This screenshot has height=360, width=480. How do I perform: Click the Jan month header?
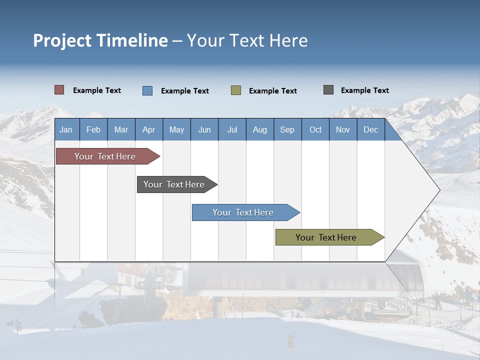(x=66, y=129)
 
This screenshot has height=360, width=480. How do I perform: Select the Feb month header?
(x=93, y=129)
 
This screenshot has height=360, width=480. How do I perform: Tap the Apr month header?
(x=148, y=129)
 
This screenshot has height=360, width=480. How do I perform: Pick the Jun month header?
(x=204, y=129)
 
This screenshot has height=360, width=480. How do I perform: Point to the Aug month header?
(x=259, y=129)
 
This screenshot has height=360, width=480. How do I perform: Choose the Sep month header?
(x=287, y=129)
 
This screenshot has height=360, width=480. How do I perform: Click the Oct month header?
(x=315, y=129)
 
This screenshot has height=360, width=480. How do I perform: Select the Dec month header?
(x=370, y=129)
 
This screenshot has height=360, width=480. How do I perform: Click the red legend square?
(x=59, y=90)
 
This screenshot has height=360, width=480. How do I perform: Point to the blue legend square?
(x=147, y=90)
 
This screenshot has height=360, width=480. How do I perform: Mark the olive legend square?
(x=236, y=90)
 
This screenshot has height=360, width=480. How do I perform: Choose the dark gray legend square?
(x=328, y=90)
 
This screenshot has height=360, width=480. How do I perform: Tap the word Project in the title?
(x=62, y=40)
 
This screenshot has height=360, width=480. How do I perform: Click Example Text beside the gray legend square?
(x=364, y=90)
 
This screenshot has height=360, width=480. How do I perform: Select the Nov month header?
(x=343, y=129)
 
